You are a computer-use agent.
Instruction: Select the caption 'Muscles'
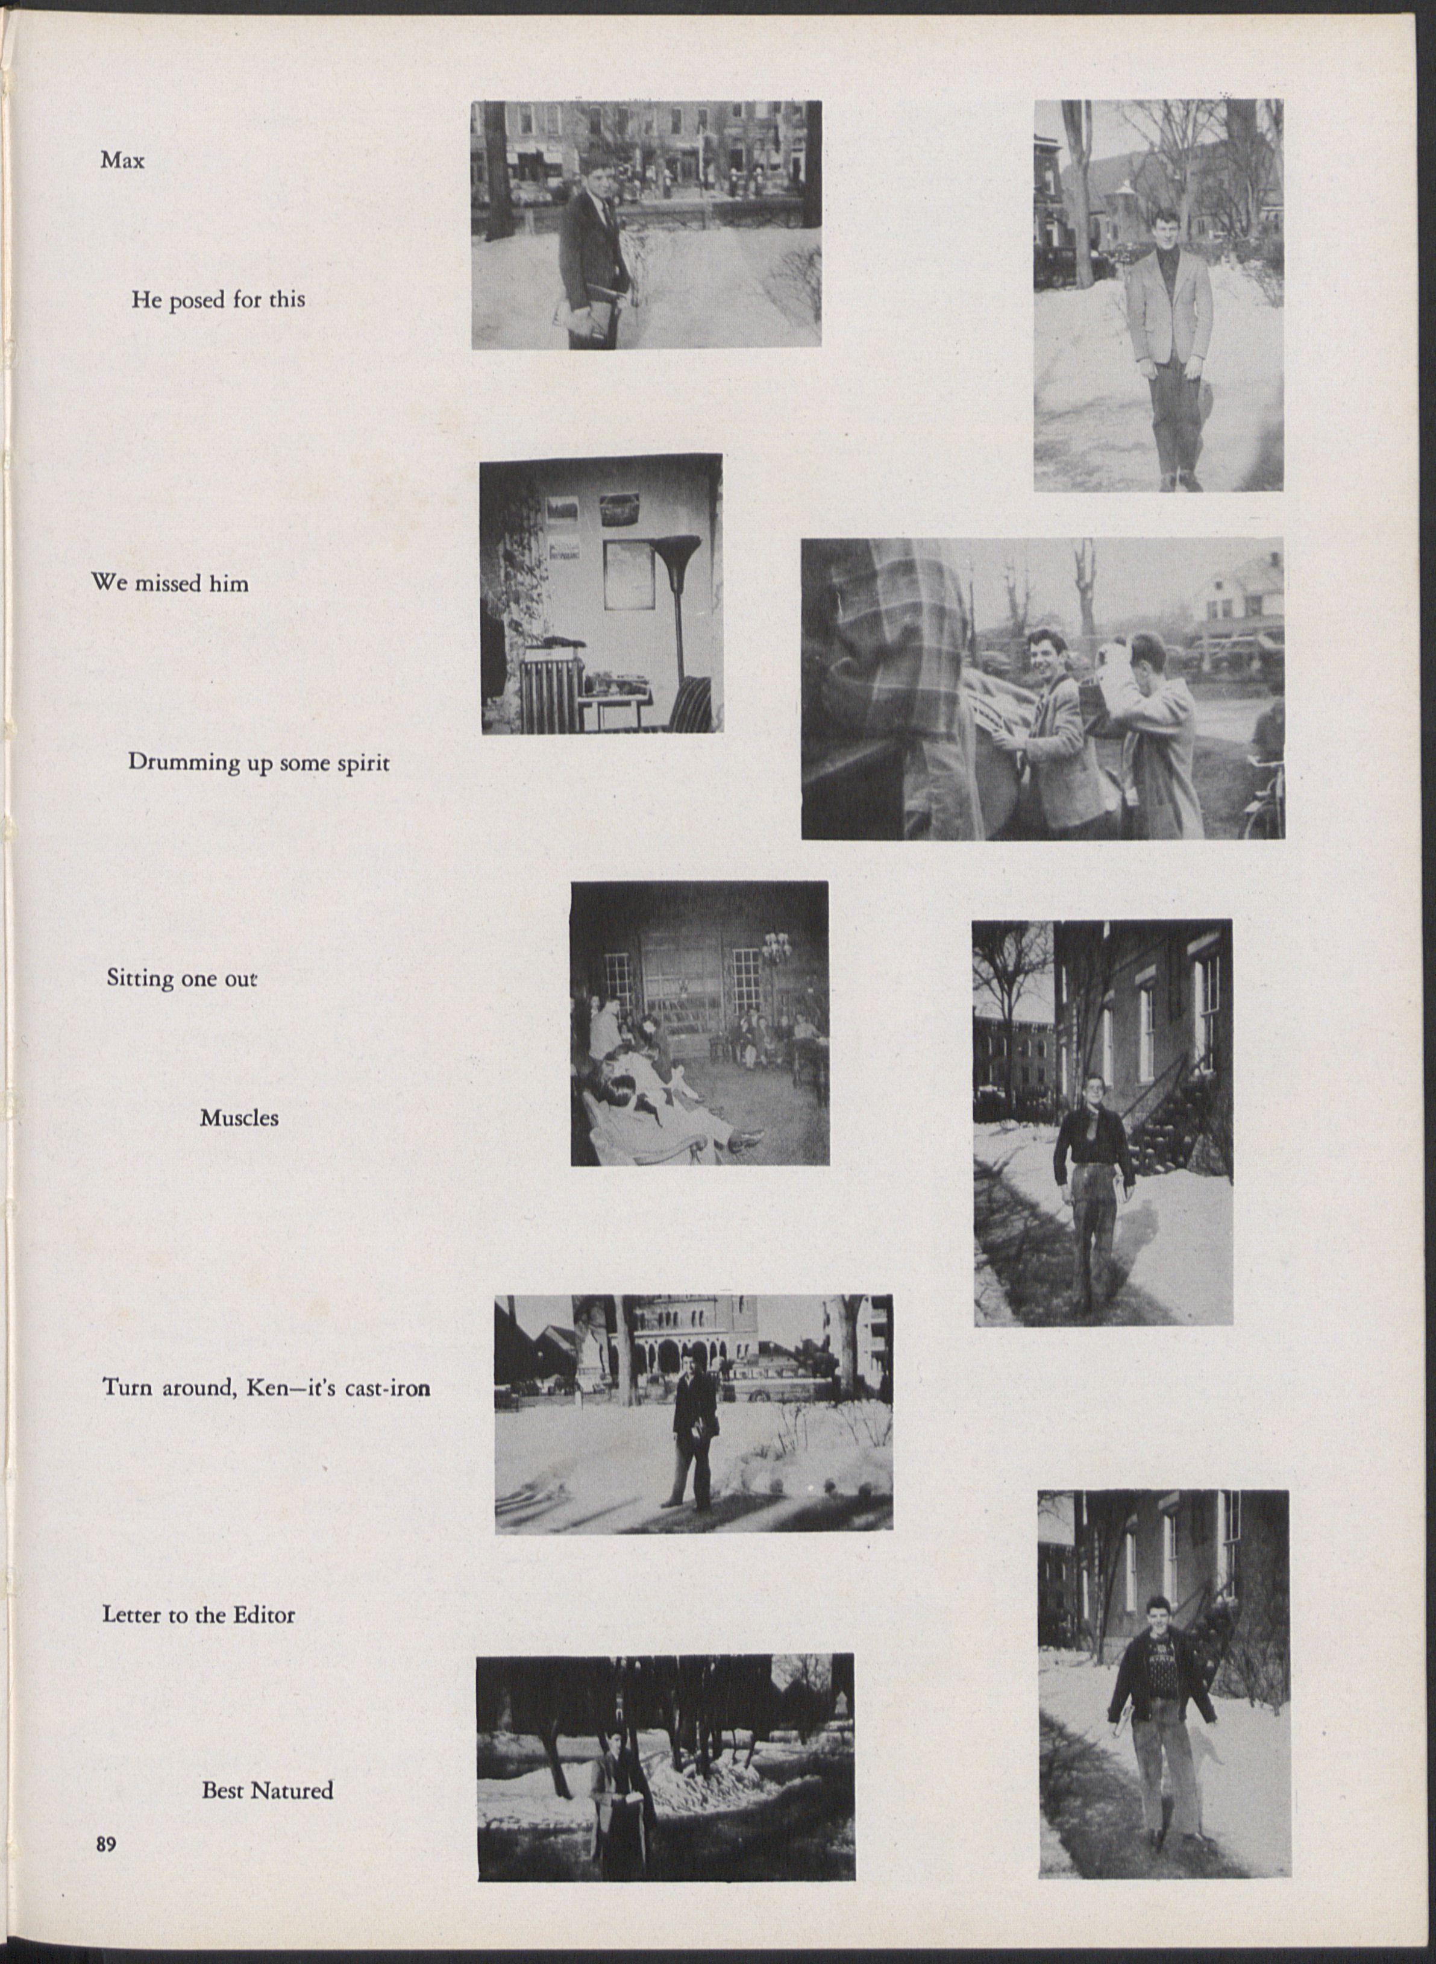(x=239, y=1118)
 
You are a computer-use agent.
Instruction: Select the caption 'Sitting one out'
(x=181, y=978)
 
